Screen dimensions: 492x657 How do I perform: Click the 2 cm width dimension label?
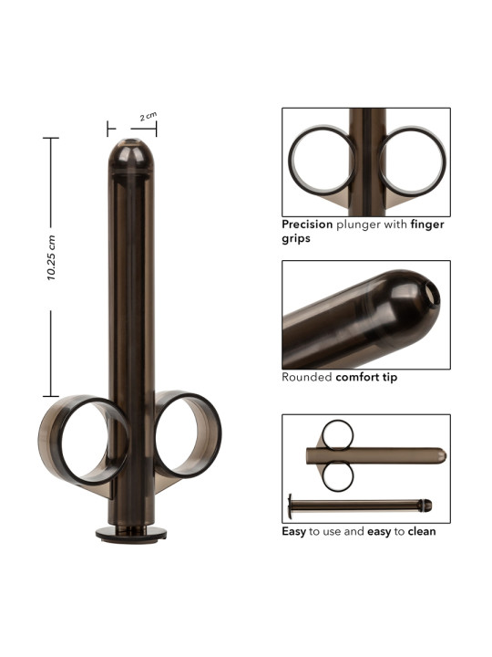149,117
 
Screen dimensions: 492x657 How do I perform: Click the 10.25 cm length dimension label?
51,257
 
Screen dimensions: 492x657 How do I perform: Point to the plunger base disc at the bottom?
131,535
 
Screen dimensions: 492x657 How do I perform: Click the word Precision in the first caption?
307,224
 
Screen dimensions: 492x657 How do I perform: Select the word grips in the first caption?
296,239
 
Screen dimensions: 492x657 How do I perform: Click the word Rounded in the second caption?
307,377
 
